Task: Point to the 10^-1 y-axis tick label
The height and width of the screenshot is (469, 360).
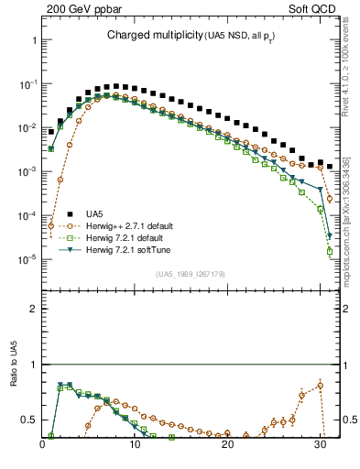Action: [x=27, y=84]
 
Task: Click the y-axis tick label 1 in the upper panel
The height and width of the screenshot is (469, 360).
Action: [x=33, y=41]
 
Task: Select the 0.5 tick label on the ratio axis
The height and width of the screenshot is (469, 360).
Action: [x=28, y=420]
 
